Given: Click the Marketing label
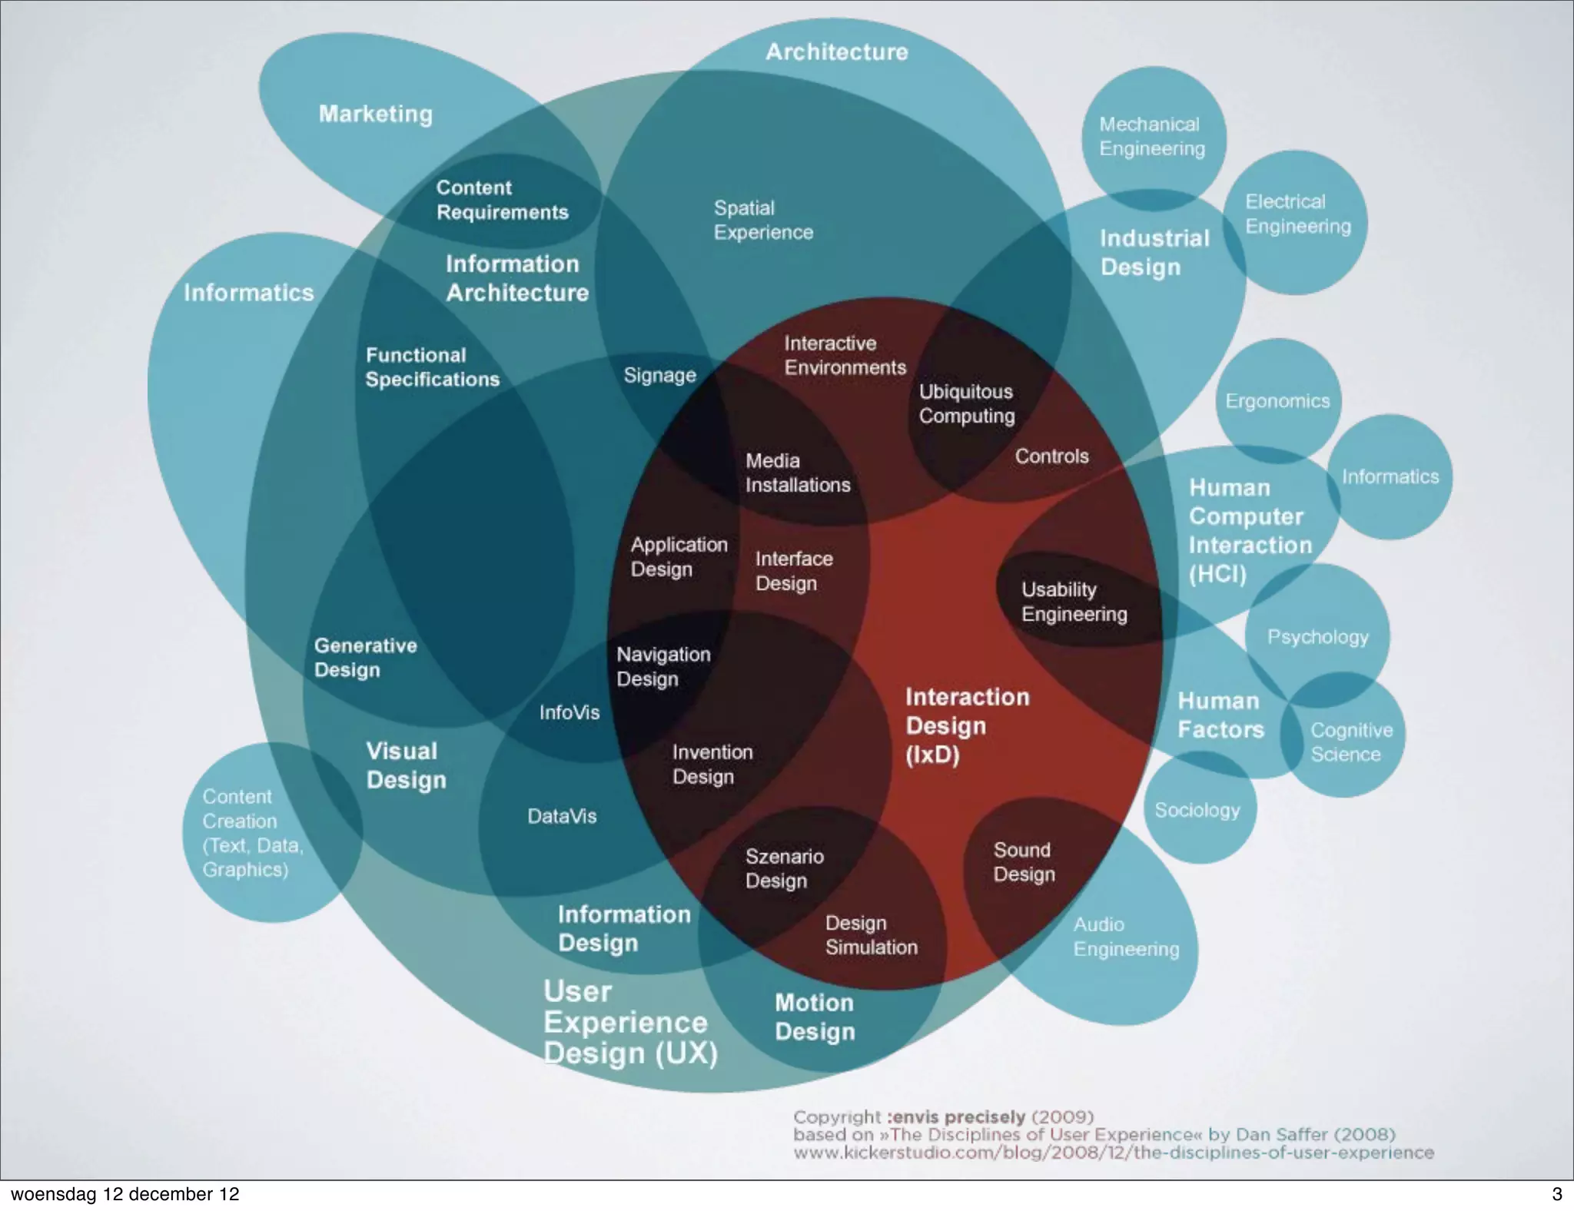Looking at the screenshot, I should click(x=376, y=114).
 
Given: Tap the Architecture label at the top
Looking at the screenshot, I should click(x=836, y=51).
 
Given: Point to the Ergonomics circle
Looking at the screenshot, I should click(x=1277, y=400).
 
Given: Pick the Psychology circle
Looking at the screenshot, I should click(x=1317, y=636).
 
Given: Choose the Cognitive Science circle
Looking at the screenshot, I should click(x=1350, y=742).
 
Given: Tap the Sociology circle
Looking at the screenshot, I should click(x=1197, y=810).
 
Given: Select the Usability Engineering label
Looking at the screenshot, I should click(x=1074, y=602).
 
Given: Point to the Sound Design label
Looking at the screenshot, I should click(x=1024, y=861).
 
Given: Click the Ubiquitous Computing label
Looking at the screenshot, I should click(x=966, y=403).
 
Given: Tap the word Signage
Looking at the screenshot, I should click(x=659, y=375).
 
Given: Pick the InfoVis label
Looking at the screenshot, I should click(x=569, y=712).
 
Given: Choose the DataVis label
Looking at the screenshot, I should click(x=562, y=816).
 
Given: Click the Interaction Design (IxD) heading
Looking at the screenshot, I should click(x=967, y=725).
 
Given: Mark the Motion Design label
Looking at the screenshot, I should click(x=815, y=1017).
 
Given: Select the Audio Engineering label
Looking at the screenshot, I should click(x=1126, y=937).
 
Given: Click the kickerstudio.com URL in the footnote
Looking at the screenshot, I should click(x=1113, y=1153).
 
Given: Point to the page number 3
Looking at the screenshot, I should click(x=1556, y=1194).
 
